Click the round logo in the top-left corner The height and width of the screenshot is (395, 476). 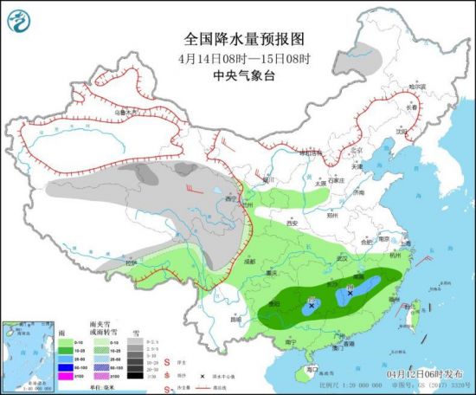pyautogui.click(x=19, y=18)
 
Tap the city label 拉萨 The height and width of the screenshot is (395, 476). pyautogui.click(x=132, y=262)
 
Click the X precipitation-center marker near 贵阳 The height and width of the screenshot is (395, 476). pyautogui.click(x=312, y=305)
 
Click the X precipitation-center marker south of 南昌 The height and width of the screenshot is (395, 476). pyautogui.click(x=350, y=294)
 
